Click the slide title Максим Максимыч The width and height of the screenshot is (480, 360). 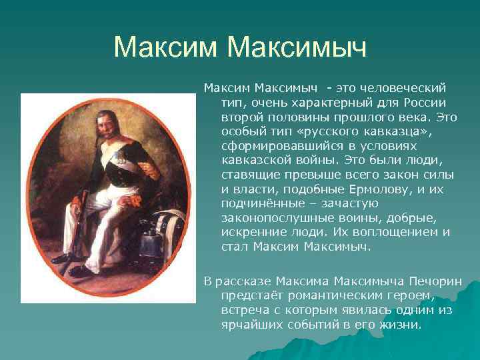pyautogui.click(x=240, y=47)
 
